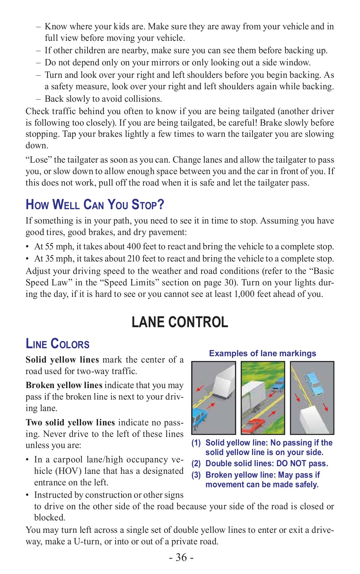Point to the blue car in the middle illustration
click(x=279, y=385)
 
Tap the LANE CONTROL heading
click(x=180, y=322)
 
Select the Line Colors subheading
click(x=57, y=344)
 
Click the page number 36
click(x=181, y=557)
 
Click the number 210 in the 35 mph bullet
click(x=134, y=258)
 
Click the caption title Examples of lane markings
click(x=262, y=353)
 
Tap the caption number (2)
click(x=196, y=464)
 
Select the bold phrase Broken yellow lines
click(x=64, y=385)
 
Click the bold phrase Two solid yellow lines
click(x=70, y=423)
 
